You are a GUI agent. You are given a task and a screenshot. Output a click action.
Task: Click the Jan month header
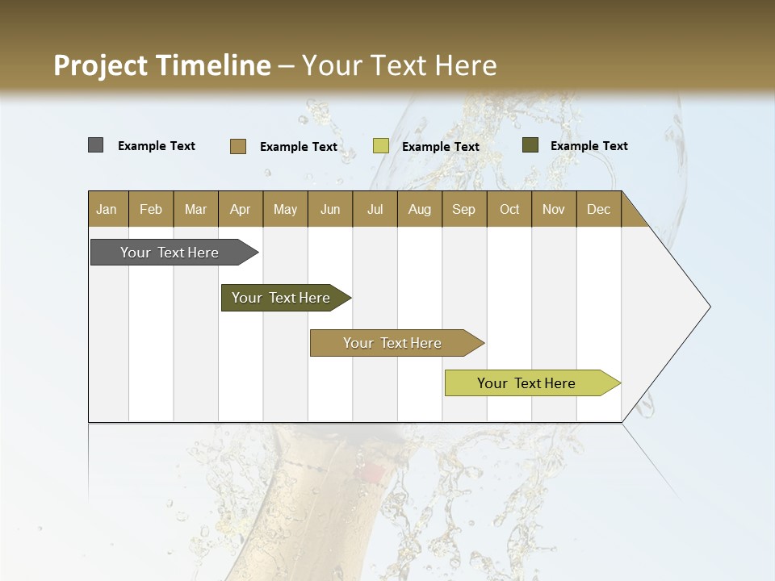point(107,209)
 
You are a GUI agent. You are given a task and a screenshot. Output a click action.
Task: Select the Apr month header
point(240,209)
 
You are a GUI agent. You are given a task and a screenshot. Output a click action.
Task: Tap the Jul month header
point(375,209)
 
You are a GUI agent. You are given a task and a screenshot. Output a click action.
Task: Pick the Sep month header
point(463,209)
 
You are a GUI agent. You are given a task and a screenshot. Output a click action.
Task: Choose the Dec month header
point(598,209)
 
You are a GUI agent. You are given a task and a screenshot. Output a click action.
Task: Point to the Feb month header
point(151,209)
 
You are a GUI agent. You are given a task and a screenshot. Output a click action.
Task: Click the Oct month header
point(509,209)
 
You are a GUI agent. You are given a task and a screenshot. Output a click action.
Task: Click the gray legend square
point(96,145)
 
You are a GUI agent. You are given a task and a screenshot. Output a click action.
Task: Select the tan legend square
point(238,146)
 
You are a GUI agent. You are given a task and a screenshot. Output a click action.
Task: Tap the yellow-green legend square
point(381,146)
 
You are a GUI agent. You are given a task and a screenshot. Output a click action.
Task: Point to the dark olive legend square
point(530,145)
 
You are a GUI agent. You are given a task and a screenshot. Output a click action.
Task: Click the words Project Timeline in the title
point(161,65)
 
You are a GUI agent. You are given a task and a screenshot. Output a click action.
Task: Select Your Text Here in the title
point(399,65)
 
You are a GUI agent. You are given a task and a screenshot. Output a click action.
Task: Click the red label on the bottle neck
point(372,473)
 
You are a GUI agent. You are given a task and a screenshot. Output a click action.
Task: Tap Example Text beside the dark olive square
point(589,146)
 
